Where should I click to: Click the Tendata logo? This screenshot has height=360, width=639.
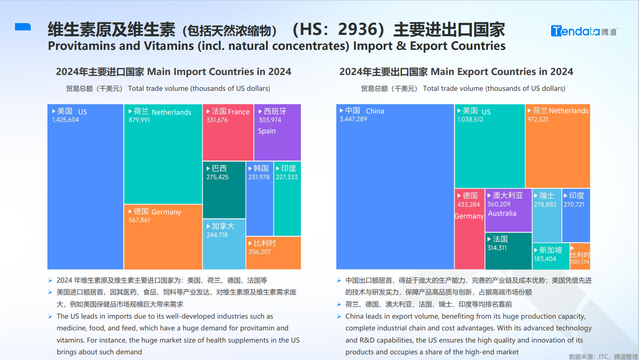coord(584,31)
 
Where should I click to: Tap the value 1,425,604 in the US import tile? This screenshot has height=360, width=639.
coord(65,120)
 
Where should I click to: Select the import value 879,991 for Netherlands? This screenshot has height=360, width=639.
coord(139,120)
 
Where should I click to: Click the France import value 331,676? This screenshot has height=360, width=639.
coord(217,120)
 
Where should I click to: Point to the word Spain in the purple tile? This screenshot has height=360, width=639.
coord(267,131)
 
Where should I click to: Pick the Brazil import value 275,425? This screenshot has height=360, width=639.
coord(217,177)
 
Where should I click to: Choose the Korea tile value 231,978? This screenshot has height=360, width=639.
coord(259,177)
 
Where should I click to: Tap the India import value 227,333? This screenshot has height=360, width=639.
coord(287,177)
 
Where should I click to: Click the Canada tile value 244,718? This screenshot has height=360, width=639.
coord(217,235)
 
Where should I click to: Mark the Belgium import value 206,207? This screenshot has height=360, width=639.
coord(259,252)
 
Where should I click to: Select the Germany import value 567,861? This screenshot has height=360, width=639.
coord(139,220)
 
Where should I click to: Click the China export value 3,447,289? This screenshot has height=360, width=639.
coord(353,120)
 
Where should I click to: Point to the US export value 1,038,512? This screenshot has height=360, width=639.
coord(470,120)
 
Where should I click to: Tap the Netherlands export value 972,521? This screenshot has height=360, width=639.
coord(538,120)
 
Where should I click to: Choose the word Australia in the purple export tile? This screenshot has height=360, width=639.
coord(502,214)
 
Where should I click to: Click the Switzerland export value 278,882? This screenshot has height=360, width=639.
coord(545,205)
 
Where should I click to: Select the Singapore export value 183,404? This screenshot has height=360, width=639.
coord(545,259)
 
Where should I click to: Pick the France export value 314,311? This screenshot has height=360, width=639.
coord(497,248)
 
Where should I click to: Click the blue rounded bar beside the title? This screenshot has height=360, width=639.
coord(23,27)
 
